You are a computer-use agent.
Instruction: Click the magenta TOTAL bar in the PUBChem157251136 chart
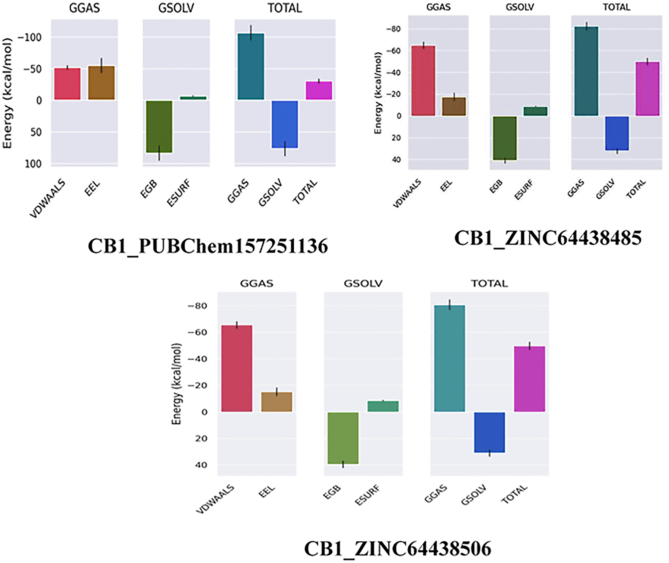pyautogui.click(x=319, y=90)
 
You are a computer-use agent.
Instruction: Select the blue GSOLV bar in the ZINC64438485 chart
pyautogui.click(x=617, y=133)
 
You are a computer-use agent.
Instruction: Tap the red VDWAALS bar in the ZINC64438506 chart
pyautogui.click(x=237, y=369)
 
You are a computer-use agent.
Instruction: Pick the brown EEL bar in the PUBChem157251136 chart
pyautogui.click(x=101, y=83)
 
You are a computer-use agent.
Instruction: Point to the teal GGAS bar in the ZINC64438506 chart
pyautogui.click(x=449, y=358)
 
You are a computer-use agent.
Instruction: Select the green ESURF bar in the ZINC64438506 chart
pyautogui.click(x=383, y=406)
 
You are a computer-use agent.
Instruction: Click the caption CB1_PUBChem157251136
pyautogui.click(x=208, y=246)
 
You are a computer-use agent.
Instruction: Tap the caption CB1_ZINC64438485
pyautogui.click(x=548, y=238)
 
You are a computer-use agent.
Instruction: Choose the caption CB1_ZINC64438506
pyautogui.click(x=397, y=549)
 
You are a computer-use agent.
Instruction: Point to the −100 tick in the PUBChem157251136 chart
pyautogui.click(x=30, y=37)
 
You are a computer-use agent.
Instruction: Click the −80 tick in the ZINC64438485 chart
pyautogui.click(x=393, y=29)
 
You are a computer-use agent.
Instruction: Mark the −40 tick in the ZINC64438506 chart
pyautogui.click(x=197, y=359)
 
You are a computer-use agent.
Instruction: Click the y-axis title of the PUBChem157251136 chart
pyautogui.click(x=8, y=93)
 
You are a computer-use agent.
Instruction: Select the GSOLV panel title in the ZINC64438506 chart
pyautogui.click(x=363, y=284)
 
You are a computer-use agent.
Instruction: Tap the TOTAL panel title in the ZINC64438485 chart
pyautogui.click(x=616, y=7)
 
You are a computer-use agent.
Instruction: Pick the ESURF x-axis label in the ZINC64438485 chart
pyautogui.click(x=524, y=189)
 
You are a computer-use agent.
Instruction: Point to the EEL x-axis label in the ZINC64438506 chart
pyautogui.click(x=266, y=492)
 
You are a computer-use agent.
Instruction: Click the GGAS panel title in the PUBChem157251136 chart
pyautogui.click(x=84, y=8)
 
